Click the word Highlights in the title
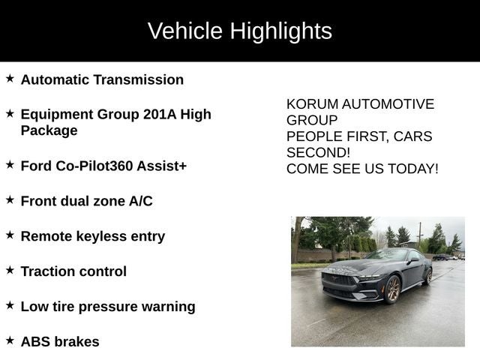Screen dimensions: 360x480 [x=280, y=31]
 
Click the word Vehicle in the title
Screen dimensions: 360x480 [x=185, y=31]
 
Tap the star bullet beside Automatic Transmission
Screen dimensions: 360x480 [x=10, y=78]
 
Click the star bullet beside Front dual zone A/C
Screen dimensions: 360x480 [x=10, y=199]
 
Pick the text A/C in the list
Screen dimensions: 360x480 [x=139, y=201]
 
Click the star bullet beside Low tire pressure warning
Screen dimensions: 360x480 [x=10, y=305]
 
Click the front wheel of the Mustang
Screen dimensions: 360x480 [x=392, y=289]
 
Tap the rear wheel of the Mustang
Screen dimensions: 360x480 [x=427, y=275]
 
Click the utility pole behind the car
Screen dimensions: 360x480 [x=419, y=232]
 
